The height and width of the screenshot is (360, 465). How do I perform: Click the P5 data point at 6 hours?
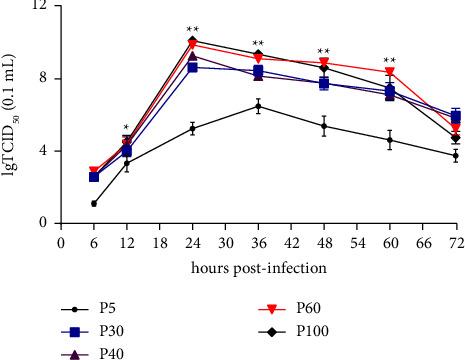coord(94,203)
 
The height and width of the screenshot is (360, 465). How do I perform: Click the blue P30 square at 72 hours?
coord(455,116)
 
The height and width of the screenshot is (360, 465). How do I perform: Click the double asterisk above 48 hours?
coord(324,52)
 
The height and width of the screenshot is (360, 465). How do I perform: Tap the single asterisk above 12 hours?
coord(126,127)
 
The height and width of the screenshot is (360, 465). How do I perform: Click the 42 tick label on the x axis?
coord(291,242)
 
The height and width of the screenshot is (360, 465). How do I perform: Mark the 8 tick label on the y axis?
coord(43,79)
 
